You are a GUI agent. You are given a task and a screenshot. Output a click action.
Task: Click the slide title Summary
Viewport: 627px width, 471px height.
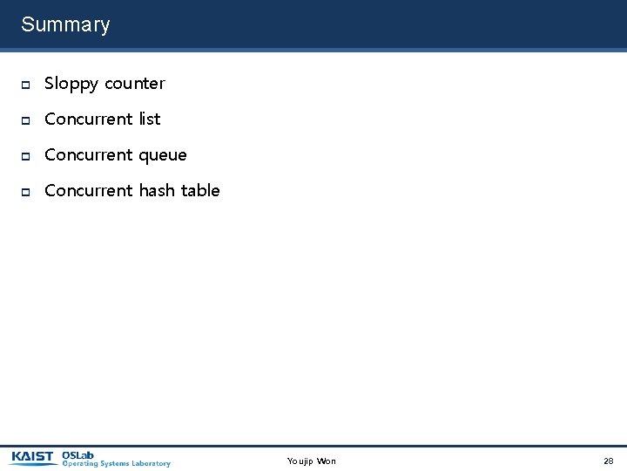65,24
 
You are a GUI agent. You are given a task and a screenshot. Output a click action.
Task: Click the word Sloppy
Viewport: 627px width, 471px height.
71,84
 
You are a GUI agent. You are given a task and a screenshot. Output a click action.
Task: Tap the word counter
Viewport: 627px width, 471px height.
134,84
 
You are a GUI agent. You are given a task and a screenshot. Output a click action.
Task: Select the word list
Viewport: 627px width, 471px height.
150,119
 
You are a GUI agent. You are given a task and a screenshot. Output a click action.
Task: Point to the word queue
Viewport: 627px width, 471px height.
163,155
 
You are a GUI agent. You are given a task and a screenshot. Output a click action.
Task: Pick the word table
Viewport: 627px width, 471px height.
200,190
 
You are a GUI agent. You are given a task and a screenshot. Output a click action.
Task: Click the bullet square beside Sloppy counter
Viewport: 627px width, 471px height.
26,85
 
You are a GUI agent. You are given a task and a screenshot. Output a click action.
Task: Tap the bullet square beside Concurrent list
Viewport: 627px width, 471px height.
26,119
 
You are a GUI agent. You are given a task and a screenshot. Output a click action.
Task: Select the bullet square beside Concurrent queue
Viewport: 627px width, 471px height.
26,156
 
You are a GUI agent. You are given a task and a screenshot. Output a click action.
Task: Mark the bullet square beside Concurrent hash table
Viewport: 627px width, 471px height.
26,191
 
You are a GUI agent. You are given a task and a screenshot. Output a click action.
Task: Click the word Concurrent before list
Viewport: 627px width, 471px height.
89,119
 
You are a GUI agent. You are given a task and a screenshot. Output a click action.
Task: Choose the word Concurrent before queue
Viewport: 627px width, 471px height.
89,155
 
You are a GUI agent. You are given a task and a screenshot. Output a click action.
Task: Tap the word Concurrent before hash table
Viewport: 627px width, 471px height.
89,190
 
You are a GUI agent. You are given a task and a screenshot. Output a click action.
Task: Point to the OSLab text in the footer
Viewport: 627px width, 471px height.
78,454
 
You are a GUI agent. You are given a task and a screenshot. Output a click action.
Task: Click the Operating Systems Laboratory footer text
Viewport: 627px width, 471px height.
116,464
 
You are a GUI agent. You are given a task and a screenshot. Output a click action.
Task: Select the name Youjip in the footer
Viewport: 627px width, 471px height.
300,461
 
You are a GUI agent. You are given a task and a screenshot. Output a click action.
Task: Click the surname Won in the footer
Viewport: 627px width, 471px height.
327,461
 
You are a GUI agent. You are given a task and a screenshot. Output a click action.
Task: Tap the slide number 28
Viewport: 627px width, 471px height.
609,461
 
